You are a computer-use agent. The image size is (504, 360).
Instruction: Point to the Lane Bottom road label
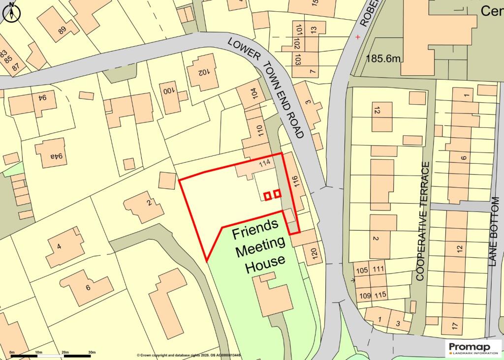pos(495,232)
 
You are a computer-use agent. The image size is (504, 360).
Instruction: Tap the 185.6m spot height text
pos(383,59)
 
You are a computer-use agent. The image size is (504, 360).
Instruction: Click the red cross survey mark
pos(358,37)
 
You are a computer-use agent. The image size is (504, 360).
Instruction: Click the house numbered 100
pos(169,91)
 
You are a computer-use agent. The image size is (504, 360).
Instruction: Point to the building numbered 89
pos(62,30)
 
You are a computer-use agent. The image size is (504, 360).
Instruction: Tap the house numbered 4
pos(59,247)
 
